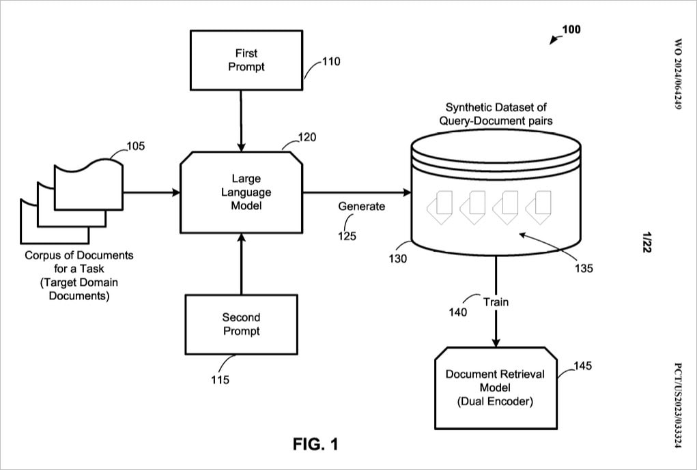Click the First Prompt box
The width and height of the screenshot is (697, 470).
pos(246,60)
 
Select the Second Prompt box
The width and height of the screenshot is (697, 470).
pos(241,324)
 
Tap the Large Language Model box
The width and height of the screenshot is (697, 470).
pos(241,192)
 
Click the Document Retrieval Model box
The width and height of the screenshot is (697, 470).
pos(495,387)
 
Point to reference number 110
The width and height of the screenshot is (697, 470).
pos(330,61)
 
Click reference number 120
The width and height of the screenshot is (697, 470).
pos(307,137)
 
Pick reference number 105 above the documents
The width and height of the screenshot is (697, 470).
pos(136,146)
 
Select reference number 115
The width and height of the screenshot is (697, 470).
pos(220,380)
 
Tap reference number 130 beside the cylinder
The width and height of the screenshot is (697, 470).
pos(398,259)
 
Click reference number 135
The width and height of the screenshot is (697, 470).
pos(583,268)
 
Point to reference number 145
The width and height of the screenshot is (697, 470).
pos(582,366)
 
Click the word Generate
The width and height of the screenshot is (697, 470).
pos(362,206)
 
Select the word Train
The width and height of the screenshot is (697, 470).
pos(496,302)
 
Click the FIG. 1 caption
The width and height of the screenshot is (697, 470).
pos(315,445)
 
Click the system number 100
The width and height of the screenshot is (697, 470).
pos(571,29)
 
